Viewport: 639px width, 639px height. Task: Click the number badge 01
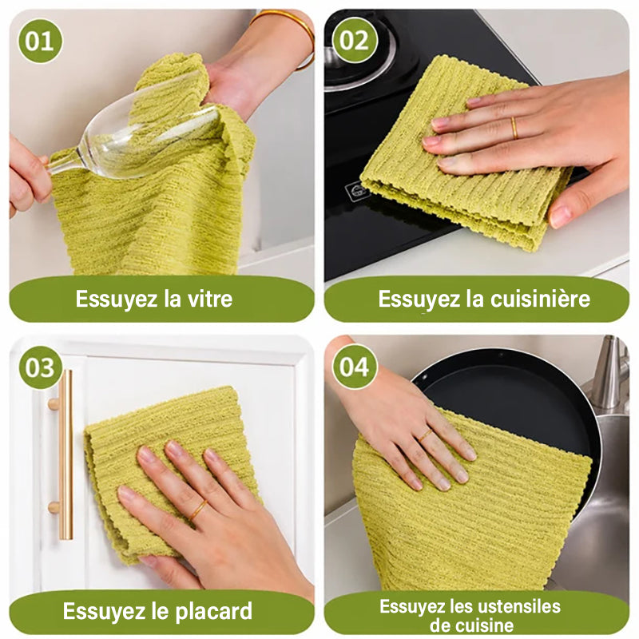pos(40,41)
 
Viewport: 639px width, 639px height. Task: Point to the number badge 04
pos(355,367)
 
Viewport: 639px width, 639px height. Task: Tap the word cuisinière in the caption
pos(540,299)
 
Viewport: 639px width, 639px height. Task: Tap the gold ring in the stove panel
pos(514,128)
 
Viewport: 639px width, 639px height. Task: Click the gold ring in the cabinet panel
pos(197,510)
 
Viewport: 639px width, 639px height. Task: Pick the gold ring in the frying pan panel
pos(425,435)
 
